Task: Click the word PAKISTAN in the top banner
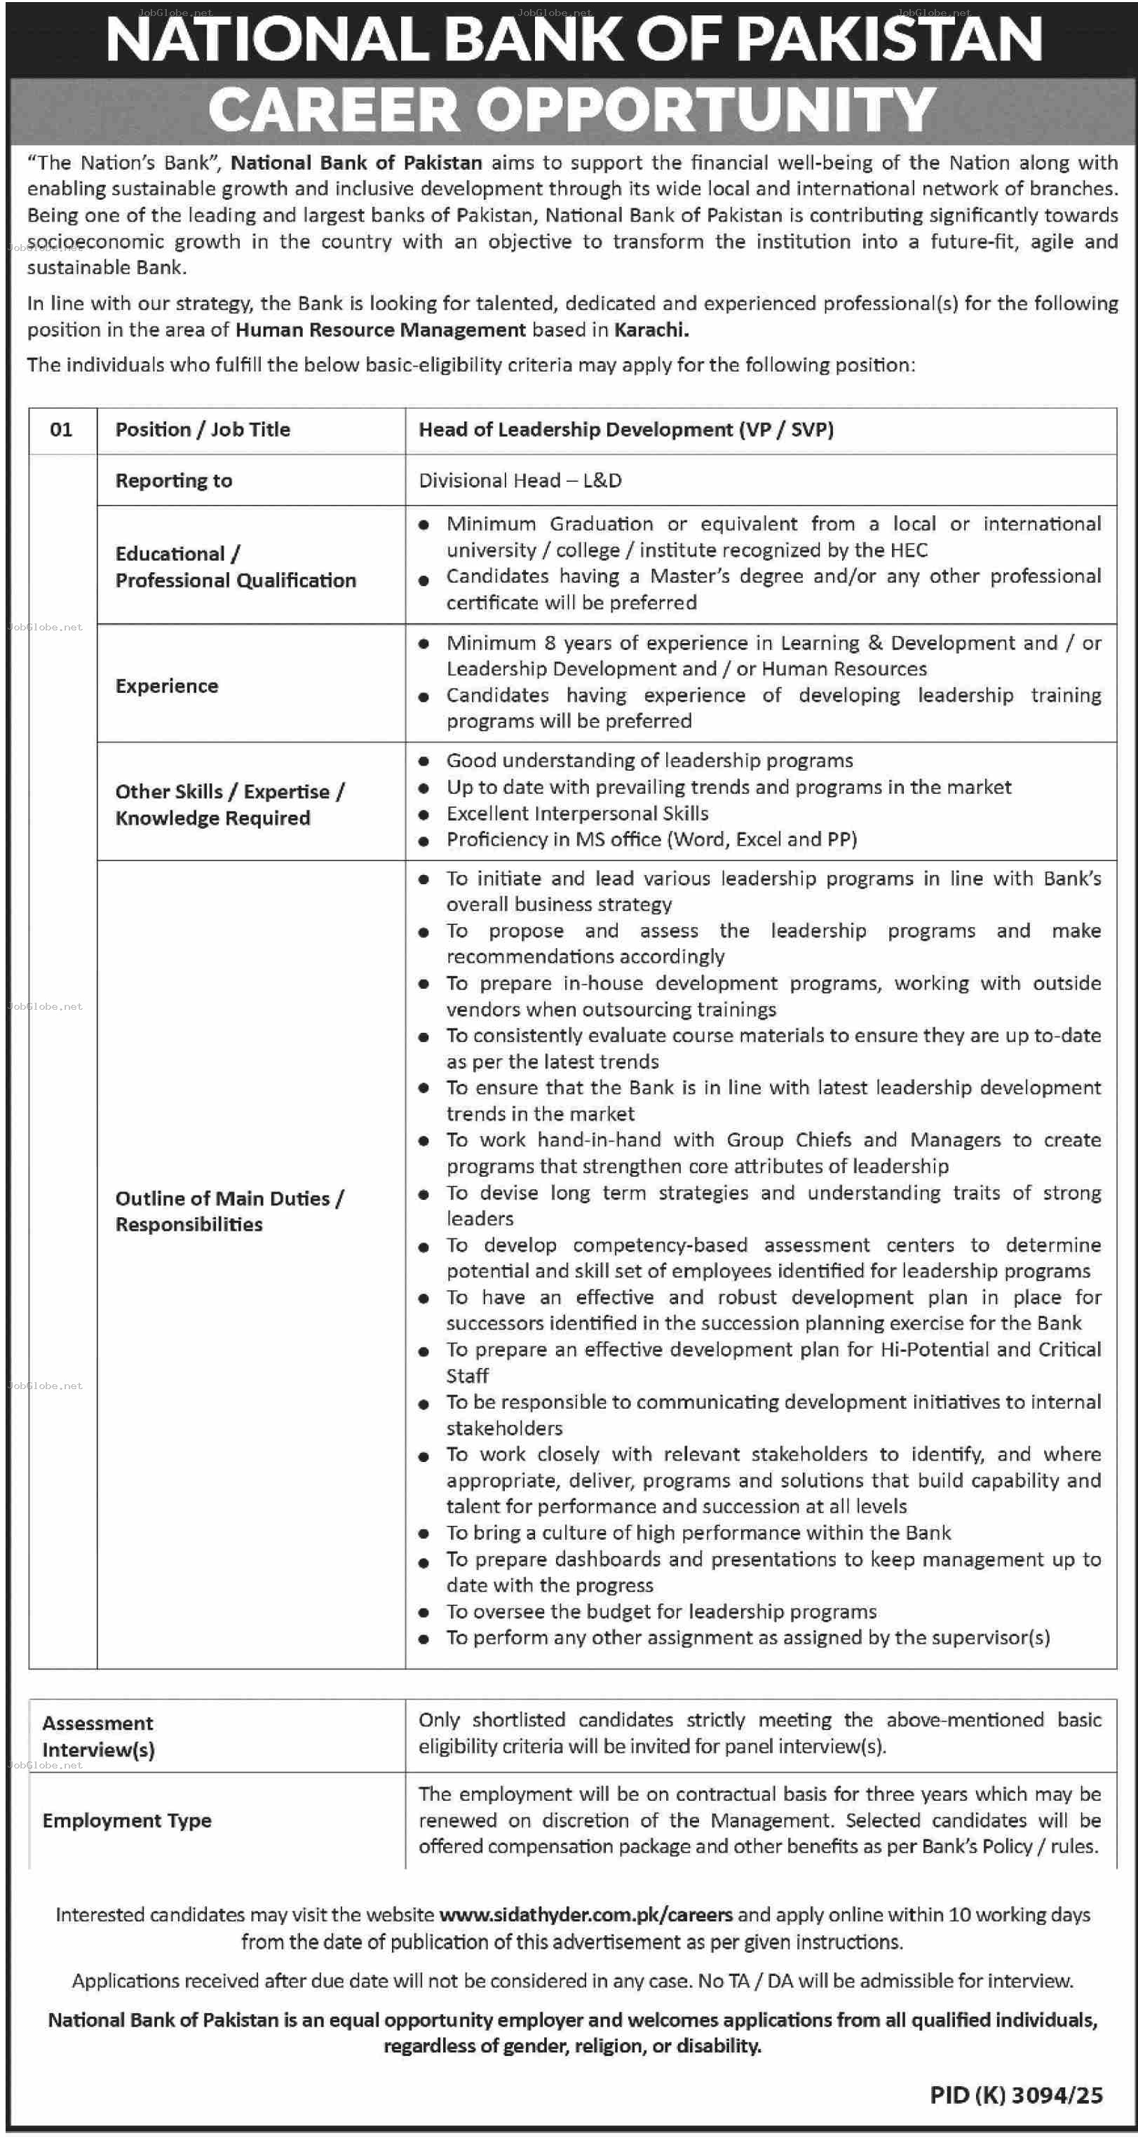click(888, 40)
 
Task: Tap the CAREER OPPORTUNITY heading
click(572, 109)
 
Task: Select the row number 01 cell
click(62, 429)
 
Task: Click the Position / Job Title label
click(203, 429)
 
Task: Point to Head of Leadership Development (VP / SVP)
click(626, 429)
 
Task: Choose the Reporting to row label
click(173, 480)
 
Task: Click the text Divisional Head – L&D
click(520, 480)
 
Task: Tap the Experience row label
click(167, 686)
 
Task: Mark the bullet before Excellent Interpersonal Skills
click(424, 814)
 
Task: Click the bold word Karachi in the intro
click(651, 330)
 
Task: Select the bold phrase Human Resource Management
click(380, 330)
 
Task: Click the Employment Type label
click(127, 1820)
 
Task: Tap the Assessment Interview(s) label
click(98, 1736)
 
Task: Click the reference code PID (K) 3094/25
click(1016, 2096)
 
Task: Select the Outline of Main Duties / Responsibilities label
click(229, 1211)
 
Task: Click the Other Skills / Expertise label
click(229, 792)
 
